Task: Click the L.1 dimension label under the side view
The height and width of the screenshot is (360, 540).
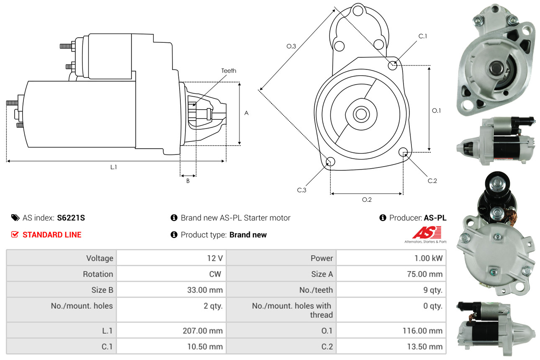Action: pyautogui.click(x=113, y=167)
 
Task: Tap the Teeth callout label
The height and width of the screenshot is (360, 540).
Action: pyautogui.click(x=229, y=71)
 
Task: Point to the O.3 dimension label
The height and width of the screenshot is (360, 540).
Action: pyautogui.click(x=291, y=46)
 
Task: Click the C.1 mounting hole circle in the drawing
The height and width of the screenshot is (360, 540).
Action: pyautogui.click(x=393, y=65)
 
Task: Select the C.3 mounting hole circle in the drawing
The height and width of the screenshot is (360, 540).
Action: pyautogui.click(x=330, y=162)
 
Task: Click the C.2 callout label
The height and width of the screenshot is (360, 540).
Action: pyautogui.click(x=432, y=181)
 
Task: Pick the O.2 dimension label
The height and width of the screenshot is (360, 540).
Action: pyautogui.click(x=367, y=200)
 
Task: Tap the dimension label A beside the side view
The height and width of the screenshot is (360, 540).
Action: pyautogui.click(x=247, y=113)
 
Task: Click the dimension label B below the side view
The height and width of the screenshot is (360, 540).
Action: pyautogui.click(x=188, y=181)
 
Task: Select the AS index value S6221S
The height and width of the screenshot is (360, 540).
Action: pyautogui.click(x=71, y=218)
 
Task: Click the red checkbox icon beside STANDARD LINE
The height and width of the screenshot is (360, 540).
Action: pyautogui.click(x=15, y=234)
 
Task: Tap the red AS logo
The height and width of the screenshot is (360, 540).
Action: pyautogui.click(x=427, y=233)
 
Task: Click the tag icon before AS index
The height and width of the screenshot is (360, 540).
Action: pyautogui.click(x=15, y=218)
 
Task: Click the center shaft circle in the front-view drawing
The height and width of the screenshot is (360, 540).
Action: pyautogui.click(x=360, y=114)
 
